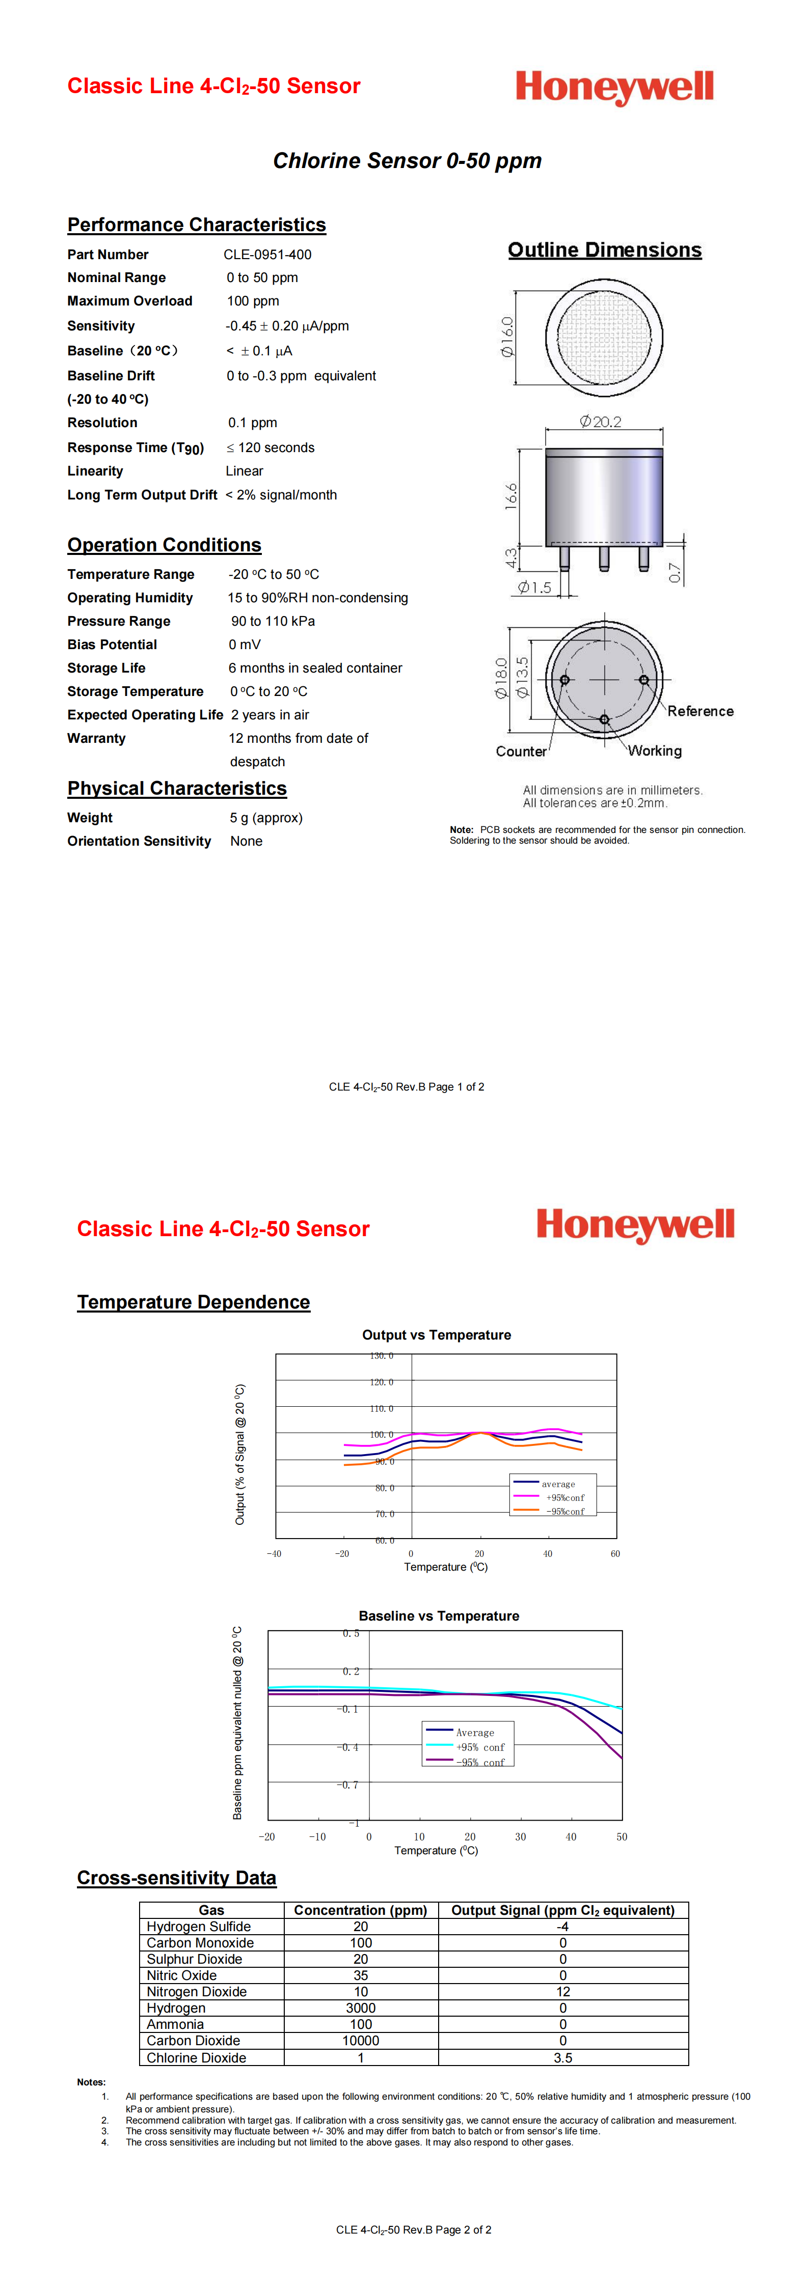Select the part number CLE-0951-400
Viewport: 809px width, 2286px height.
point(267,255)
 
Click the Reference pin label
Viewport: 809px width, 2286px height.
point(700,711)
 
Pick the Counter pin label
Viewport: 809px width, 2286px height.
point(521,751)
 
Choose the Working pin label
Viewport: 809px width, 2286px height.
point(655,751)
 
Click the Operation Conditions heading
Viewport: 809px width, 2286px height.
point(164,545)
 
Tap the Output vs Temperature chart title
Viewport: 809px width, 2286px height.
point(436,1334)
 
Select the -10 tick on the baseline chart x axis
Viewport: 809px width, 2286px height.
point(317,1836)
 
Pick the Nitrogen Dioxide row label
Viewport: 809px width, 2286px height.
point(196,1991)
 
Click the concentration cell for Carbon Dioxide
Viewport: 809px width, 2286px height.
point(361,2040)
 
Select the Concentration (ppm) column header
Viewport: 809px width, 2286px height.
point(361,1910)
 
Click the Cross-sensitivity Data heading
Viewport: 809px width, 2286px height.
point(177,1878)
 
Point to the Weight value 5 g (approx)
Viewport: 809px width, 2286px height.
point(265,817)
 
